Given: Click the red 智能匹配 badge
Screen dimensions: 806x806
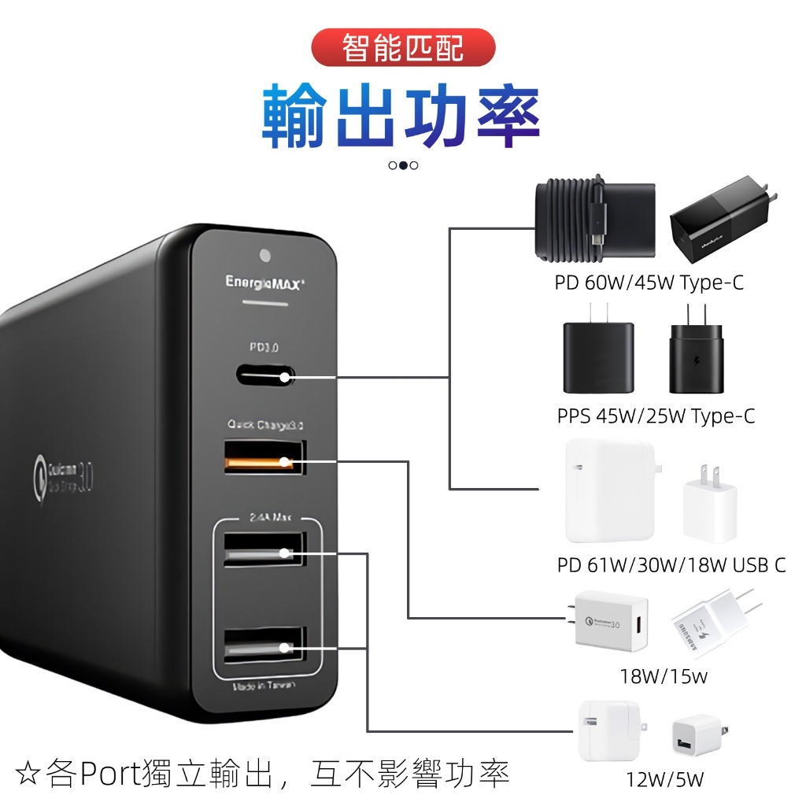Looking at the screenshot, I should (x=403, y=48).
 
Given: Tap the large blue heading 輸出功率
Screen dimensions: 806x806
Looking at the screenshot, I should (x=401, y=118).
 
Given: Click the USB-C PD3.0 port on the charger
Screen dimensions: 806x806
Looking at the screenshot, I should (x=264, y=376).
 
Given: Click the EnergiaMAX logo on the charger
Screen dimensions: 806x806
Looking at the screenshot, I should (x=264, y=281).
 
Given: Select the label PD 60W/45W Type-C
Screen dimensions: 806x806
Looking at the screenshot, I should (x=649, y=283).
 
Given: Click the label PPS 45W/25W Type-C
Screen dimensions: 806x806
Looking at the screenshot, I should (x=656, y=416).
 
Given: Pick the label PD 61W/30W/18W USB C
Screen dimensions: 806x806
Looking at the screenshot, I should (x=671, y=565).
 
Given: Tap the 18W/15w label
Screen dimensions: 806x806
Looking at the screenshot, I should (x=664, y=676).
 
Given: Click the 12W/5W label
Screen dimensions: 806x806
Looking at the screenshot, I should (x=665, y=780).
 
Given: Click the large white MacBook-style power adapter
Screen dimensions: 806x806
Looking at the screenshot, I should (x=609, y=491).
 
